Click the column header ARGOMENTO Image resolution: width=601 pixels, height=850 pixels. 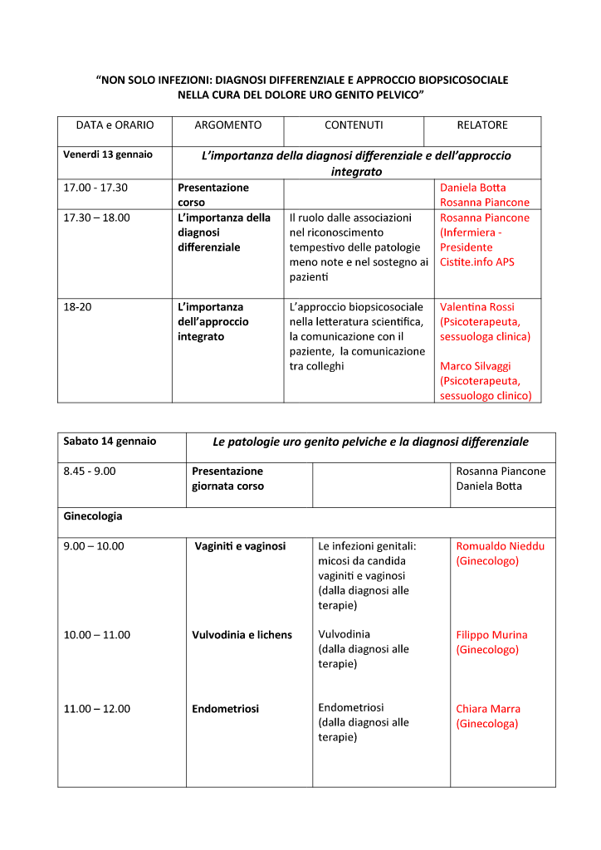(227, 125)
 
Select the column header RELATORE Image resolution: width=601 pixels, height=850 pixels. (481, 125)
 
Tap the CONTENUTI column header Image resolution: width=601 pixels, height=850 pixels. (354, 125)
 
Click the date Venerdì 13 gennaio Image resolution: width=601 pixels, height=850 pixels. (108, 154)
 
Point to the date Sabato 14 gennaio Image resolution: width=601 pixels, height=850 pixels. (110, 441)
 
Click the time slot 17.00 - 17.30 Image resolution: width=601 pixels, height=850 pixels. (95, 188)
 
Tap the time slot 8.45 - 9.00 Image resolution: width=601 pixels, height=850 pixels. (90, 471)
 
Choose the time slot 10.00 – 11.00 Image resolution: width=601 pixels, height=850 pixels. (97, 635)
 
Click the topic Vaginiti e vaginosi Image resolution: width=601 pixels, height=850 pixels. (240, 546)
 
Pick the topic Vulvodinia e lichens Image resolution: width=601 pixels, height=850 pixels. (242, 635)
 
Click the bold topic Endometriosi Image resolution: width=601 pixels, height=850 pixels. (225, 709)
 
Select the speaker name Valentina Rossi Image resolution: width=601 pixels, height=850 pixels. (477, 307)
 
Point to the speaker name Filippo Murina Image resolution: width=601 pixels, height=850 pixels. (491, 635)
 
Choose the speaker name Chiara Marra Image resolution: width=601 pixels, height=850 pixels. (488, 709)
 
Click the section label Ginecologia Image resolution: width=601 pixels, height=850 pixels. (93, 516)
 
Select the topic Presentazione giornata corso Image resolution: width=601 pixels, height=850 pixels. (227, 479)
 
